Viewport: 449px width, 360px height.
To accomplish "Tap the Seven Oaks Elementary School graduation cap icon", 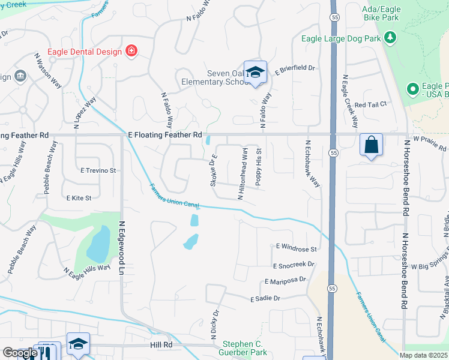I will tap(255, 73).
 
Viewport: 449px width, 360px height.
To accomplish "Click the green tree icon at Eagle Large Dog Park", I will tap(391, 38).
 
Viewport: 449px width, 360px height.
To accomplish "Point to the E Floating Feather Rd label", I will tap(165, 136).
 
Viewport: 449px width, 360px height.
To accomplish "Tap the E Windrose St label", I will tap(296, 248).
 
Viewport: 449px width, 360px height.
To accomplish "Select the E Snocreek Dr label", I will tap(293, 265).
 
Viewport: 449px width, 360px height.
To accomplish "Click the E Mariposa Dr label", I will tap(285, 280).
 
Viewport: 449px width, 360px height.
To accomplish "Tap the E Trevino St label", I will tap(98, 170).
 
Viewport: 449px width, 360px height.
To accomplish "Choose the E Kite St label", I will tap(79, 197).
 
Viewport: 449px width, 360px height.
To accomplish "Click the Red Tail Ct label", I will tap(370, 104).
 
